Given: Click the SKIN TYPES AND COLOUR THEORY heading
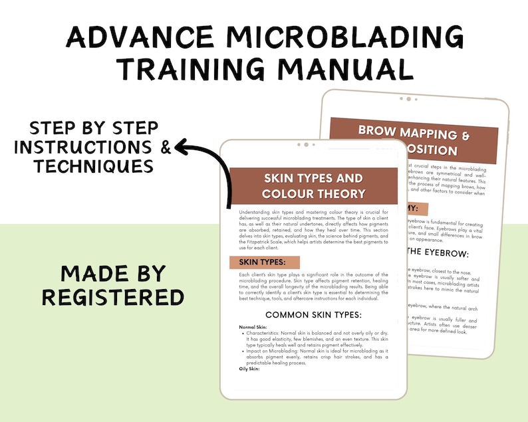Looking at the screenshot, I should tap(313, 185).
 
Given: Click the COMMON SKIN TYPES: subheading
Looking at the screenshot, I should tap(313, 314).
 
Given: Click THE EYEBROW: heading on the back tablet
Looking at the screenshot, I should tap(438, 253).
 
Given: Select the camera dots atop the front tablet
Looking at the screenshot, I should tap(305, 144).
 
